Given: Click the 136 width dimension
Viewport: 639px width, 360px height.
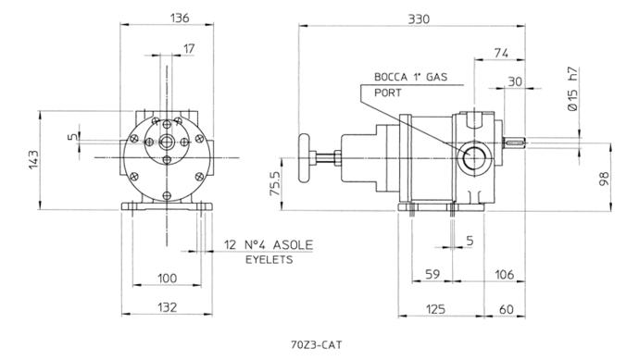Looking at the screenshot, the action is [x=180, y=18].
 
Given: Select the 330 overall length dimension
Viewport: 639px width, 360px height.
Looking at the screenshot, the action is [x=419, y=19].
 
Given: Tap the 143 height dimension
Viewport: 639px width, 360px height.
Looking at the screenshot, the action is [x=33, y=160].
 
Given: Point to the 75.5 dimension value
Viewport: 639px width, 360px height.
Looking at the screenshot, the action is [x=275, y=183].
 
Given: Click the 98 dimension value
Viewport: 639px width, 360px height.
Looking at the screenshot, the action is [x=605, y=179].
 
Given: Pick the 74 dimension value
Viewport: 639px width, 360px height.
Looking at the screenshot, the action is [x=501, y=53].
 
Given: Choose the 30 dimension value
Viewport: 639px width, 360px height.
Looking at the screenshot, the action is [x=515, y=81].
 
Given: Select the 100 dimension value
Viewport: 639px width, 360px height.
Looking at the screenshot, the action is [x=167, y=279].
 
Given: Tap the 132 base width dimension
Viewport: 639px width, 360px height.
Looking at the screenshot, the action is [x=167, y=307].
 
